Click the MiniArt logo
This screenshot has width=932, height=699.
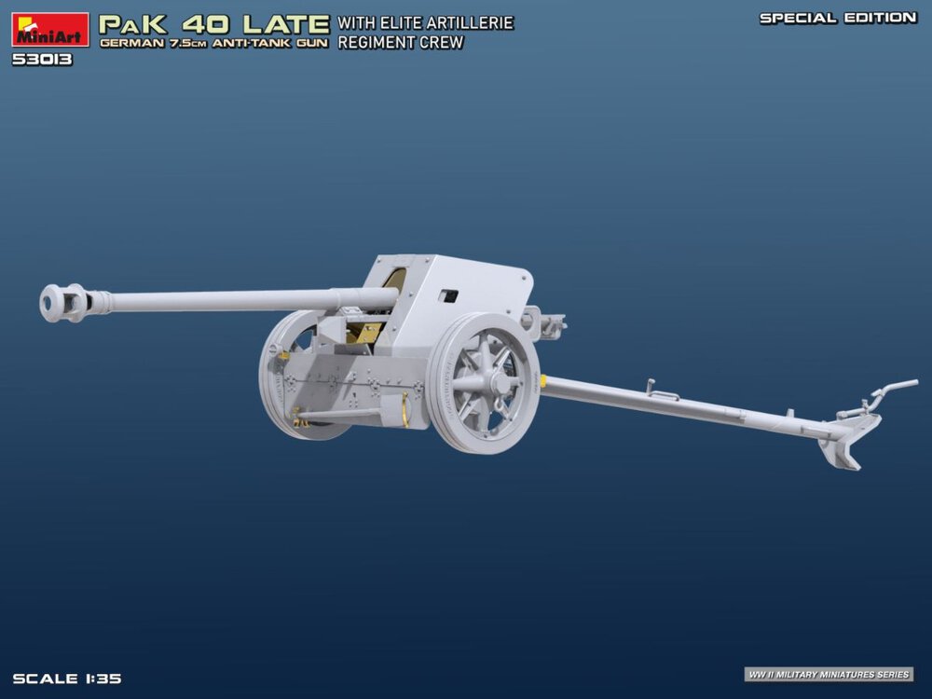click(50, 30)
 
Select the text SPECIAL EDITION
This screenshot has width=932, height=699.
click(837, 18)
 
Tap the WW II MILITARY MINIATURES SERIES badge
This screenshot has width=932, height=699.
click(829, 674)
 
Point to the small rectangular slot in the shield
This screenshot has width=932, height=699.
click(449, 296)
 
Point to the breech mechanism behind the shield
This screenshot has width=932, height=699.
click(546, 322)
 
